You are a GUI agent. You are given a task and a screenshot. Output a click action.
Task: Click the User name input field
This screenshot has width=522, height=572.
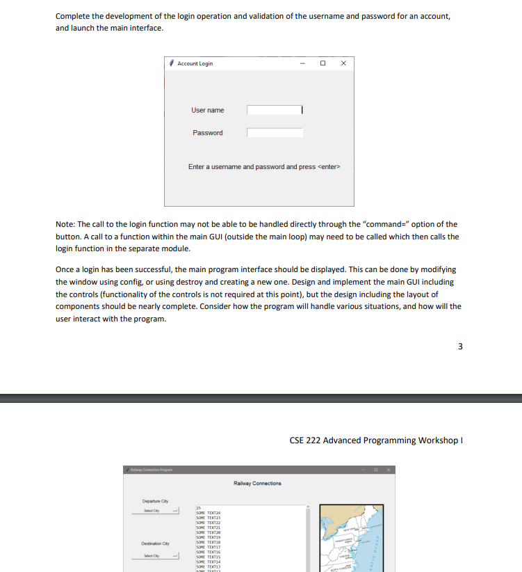(x=275, y=110)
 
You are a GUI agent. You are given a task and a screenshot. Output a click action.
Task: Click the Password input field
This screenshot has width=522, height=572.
(x=275, y=133)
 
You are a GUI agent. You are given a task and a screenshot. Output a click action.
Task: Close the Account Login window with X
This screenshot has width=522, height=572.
(x=343, y=63)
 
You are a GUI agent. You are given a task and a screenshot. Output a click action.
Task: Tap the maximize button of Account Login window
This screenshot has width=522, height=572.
(x=323, y=63)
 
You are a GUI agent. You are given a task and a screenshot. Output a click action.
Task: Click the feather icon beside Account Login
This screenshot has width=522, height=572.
(x=171, y=63)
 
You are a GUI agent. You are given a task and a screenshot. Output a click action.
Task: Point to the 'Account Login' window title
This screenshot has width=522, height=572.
(x=195, y=63)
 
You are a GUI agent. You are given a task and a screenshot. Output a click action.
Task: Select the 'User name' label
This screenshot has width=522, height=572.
(x=208, y=110)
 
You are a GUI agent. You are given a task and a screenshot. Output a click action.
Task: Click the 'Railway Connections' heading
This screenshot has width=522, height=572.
(x=258, y=483)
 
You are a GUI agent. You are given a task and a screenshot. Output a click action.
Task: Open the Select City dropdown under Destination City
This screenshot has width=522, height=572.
(x=156, y=555)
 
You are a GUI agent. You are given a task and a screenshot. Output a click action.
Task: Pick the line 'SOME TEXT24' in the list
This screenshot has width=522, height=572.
(x=211, y=513)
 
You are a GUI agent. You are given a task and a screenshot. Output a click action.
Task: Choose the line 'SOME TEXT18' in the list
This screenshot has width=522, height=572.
(x=211, y=543)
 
